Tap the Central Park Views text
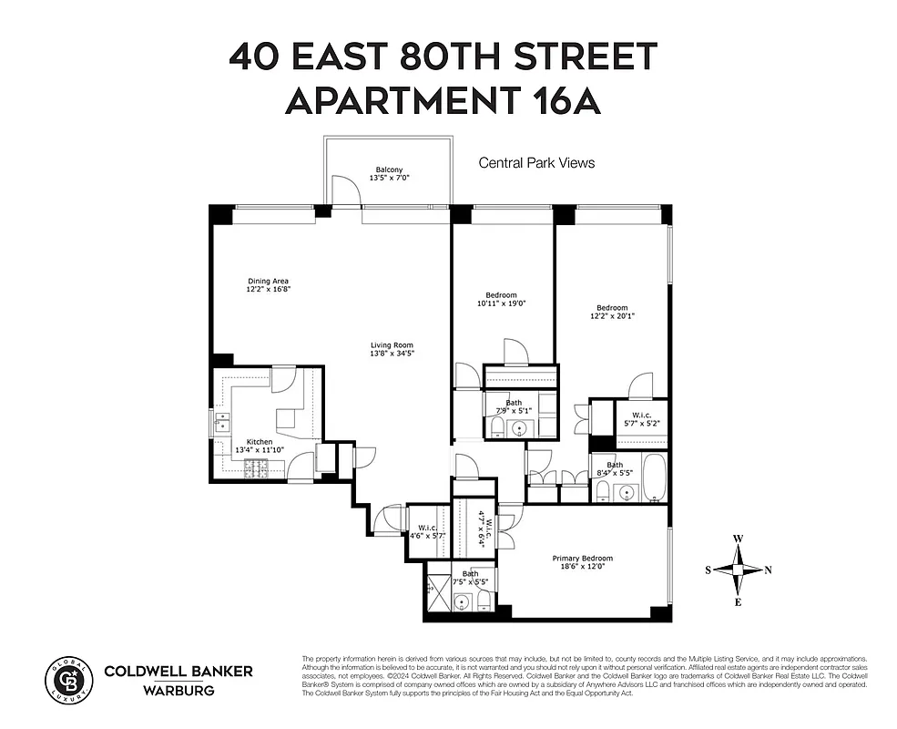pyautogui.click(x=536, y=163)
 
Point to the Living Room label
pyautogui.click(x=392, y=345)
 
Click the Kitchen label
pyautogui.click(x=260, y=441)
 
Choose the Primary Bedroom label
pyautogui.click(x=582, y=559)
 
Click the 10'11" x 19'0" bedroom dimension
pyautogui.click(x=501, y=303)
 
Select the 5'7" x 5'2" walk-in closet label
pyautogui.click(x=637, y=420)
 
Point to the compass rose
pyautogui.click(x=737, y=570)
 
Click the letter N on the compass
pyautogui.click(x=768, y=570)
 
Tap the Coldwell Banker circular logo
pyautogui.click(x=69, y=679)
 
